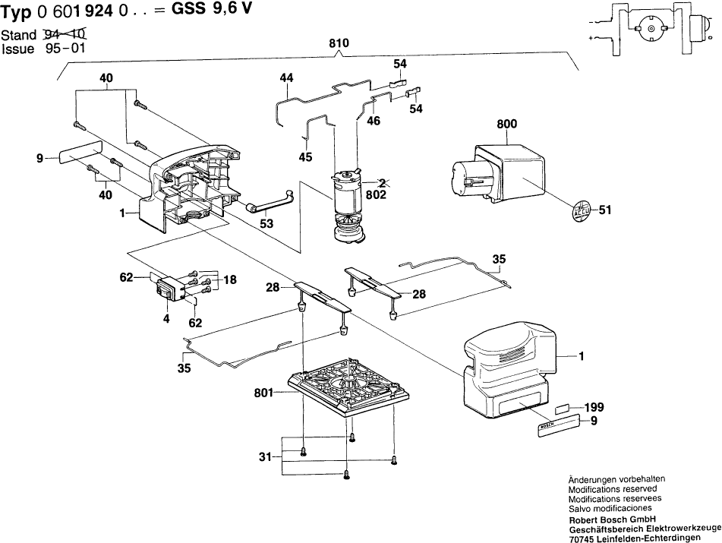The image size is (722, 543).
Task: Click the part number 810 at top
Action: pyautogui.click(x=339, y=44)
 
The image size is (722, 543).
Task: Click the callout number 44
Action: pyautogui.click(x=285, y=77)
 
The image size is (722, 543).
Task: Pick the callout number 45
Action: pyautogui.click(x=306, y=158)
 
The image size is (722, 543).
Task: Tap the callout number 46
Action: pyautogui.click(x=373, y=120)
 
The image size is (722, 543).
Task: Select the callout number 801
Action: pyautogui.click(x=266, y=393)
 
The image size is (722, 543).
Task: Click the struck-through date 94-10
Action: pyautogui.click(x=67, y=35)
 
